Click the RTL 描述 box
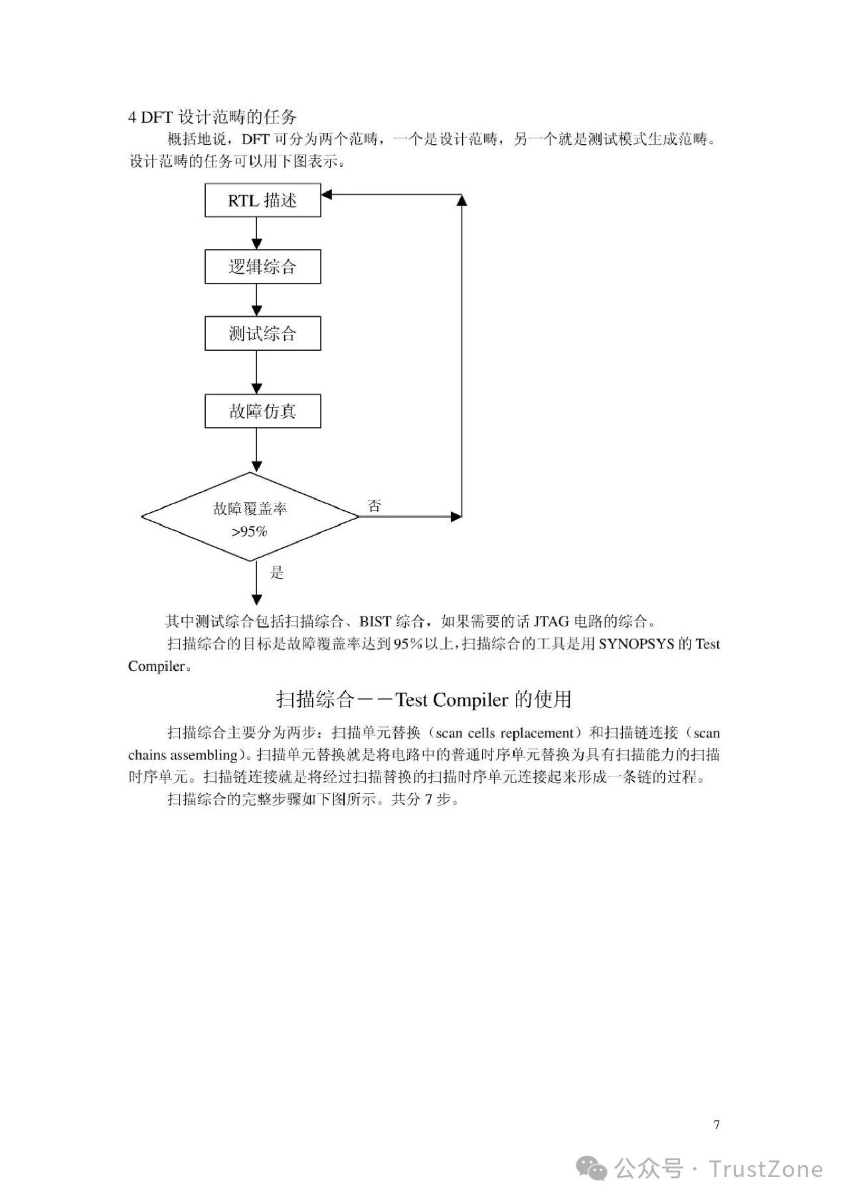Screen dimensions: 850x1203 pos(262,200)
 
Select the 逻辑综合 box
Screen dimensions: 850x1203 pos(262,266)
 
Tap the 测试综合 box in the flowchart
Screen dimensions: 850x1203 pos(262,333)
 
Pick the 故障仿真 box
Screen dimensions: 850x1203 pos(262,411)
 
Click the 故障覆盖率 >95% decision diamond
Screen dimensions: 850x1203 pos(250,516)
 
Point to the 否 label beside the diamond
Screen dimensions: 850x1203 pos(375,506)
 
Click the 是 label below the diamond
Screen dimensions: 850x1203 pos(277,572)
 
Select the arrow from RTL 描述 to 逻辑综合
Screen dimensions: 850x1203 pos(256,233)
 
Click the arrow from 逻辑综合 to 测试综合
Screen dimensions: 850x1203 pos(256,300)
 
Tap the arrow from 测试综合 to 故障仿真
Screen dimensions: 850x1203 pos(256,372)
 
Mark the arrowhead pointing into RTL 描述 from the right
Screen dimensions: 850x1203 pos(327,195)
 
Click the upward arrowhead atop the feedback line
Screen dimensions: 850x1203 pos(462,200)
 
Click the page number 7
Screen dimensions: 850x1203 pos(717,1125)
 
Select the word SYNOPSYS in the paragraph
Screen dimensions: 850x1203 pos(636,644)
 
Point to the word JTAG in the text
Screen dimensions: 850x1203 pos(551,622)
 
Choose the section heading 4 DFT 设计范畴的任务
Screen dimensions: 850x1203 pos(212,118)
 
